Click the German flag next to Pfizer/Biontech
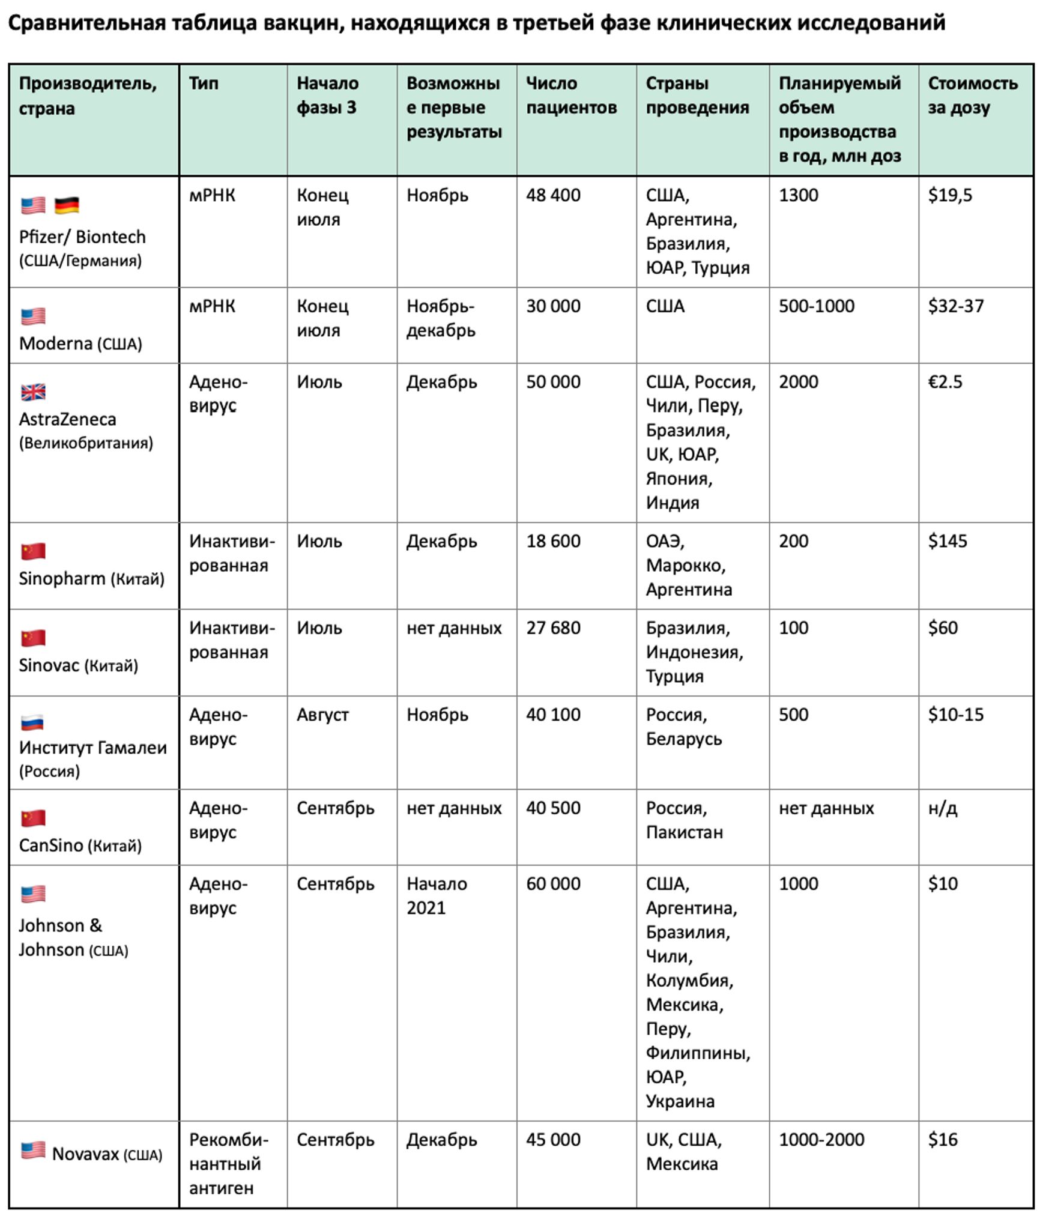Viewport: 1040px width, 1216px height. click(x=67, y=205)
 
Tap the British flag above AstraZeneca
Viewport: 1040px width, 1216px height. click(x=33, y=392)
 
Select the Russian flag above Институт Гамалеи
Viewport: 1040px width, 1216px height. click(x=33, y=722)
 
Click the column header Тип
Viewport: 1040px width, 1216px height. click(x=203, y=83)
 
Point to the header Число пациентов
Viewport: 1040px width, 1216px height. click(x=571, y=95)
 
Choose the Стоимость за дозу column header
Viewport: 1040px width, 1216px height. click(x=973, y=95)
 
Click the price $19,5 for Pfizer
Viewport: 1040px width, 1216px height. click(x=950, y=196)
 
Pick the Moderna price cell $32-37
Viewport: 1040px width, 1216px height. click(x=956, y=306)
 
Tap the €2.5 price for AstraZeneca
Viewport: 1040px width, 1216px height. click(x=945, y=382)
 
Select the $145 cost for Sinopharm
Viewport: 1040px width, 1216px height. click(x=948, y=541)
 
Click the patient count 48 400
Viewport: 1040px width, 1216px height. click(x=553, y=196)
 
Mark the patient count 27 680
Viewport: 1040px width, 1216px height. click(x=553, y=628)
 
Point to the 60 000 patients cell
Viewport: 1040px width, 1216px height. click(x=553, y=884)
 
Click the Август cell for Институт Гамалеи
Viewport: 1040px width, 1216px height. click(x=322, y=715)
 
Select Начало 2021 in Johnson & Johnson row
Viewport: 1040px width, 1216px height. click(x=437, y=896)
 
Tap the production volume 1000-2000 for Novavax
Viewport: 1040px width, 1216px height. click(x=821, y=1140)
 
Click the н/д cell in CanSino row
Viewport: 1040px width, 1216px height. click(x=943, y=808)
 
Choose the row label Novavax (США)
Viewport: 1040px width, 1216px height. click(x=107, y=1154)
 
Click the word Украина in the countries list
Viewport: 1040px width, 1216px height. click(x=680, y=1101)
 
